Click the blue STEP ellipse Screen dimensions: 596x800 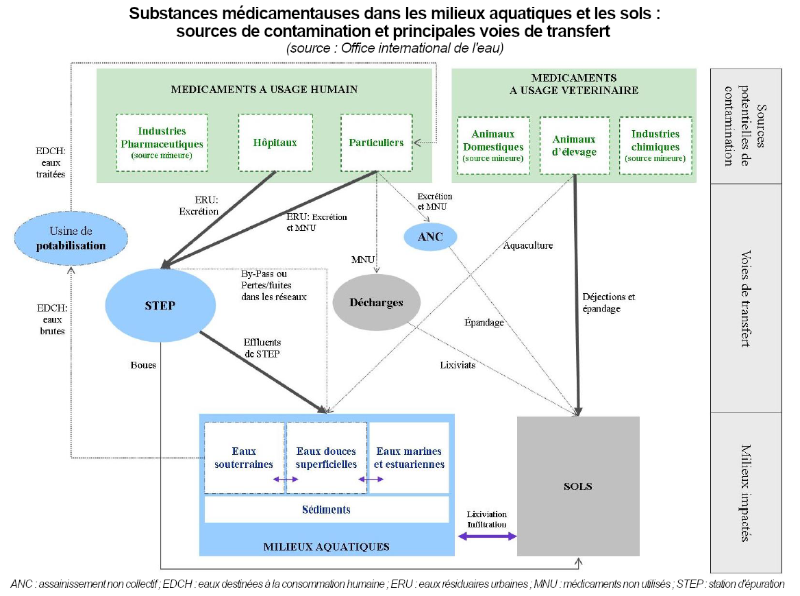click(x=160, y=306)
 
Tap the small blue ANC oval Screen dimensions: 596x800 click(x=429, y=237)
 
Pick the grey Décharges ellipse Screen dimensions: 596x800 click(x=376, y=302)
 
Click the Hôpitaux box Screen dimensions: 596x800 click(x=275, y=142)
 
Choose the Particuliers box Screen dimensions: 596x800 click(x=376, y=142)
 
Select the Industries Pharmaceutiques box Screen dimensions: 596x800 click(x=162, y=142)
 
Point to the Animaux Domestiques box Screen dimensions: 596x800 click(x=493, y=146)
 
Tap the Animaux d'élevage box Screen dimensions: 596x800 click(x=574, y=146)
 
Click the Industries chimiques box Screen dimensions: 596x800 click(x=655, y=146)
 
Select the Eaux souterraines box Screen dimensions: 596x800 click(x=245, y=458)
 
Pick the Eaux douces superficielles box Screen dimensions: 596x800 click(x=326, y=458)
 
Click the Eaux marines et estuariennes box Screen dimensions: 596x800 click(x=409, y=458)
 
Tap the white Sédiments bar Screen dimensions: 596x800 click(x=326, y=510)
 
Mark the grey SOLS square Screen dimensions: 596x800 click(x=578, y=486)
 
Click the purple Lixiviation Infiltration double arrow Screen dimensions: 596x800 click(x=487, y=536)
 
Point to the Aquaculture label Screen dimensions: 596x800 click(x=528, y=245)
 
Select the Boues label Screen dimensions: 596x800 click(x=143, y=365)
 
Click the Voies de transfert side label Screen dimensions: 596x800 click(x=746, y=298)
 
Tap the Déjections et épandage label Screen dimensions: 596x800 click(x=609, y=303)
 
